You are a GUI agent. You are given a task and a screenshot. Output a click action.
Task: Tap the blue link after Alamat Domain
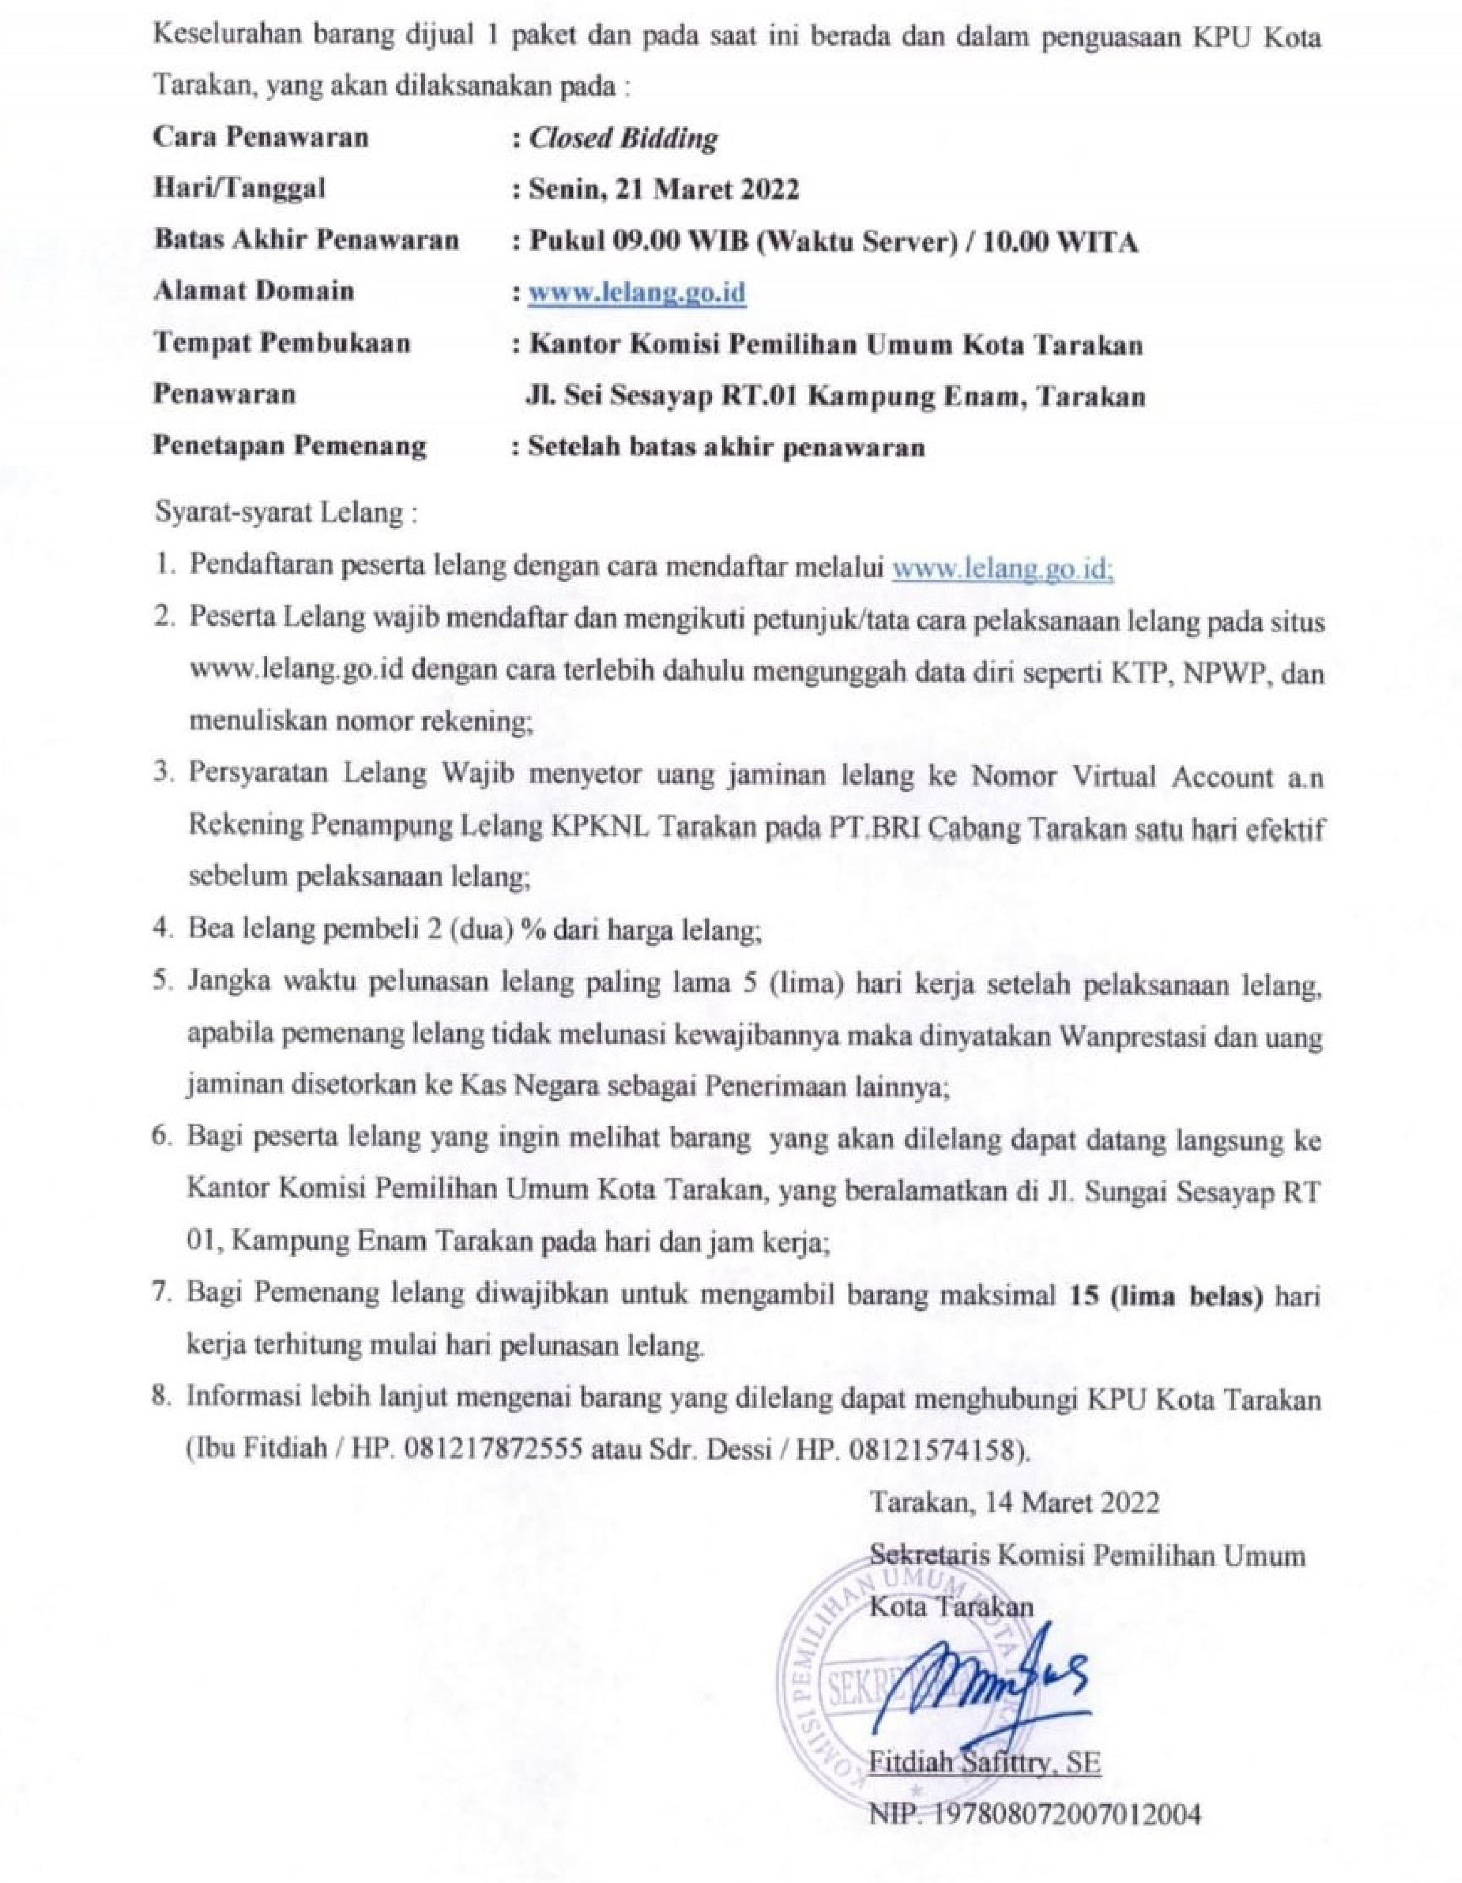(637, 293)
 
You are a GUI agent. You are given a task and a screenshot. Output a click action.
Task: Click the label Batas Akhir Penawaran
(306, 241)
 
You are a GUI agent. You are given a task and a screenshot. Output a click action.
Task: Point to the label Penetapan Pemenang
(290, 446)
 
